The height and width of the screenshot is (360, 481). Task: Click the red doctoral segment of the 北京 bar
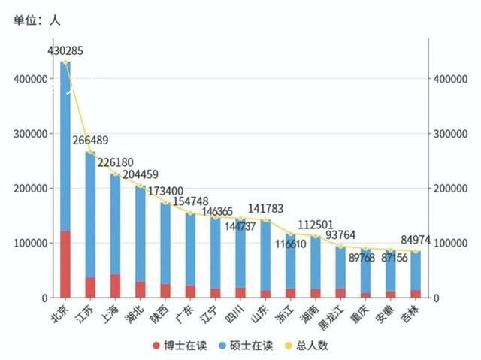(x=65, y=264)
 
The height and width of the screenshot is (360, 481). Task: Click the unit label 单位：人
(x=37, y=20)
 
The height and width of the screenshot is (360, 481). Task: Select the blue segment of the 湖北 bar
(x=141, y=233)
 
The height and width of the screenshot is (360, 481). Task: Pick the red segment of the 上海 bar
(x=115, y=286)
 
